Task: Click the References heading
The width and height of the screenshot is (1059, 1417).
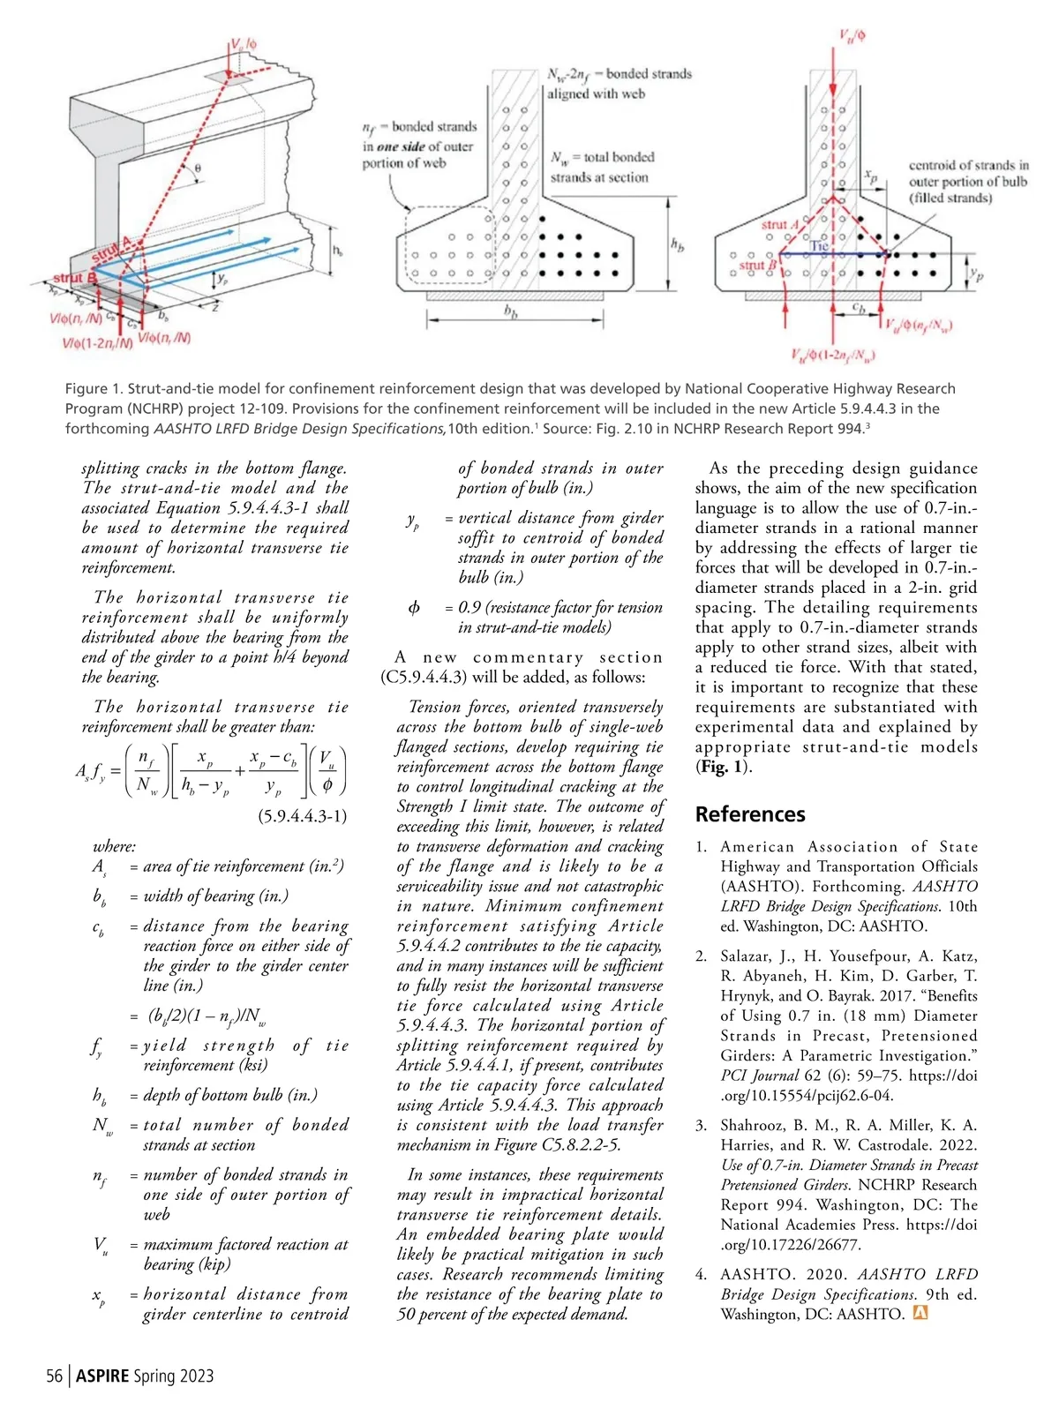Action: [749, 813]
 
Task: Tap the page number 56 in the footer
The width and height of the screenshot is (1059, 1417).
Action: [55, 1376]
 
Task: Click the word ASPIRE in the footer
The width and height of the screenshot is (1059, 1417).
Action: [102, 1376]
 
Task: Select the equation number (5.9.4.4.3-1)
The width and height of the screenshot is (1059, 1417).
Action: [302, 816]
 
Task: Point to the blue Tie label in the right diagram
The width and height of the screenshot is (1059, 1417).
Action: [820, 246]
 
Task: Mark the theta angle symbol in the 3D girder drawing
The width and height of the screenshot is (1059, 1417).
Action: [198, 168]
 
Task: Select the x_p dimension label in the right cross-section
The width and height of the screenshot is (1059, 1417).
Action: [871, 176]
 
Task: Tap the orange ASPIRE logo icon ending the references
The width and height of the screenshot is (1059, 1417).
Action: [920, 1313]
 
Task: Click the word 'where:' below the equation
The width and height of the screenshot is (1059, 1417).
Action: [114, 846]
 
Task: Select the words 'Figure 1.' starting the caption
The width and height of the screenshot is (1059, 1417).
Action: [93, 388]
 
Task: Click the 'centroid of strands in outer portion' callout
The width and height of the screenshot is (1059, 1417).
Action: [968, 182]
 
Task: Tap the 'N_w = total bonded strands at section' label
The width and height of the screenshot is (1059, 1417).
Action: [602, 167]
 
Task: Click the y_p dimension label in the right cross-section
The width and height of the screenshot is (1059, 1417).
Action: [976, 275]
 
